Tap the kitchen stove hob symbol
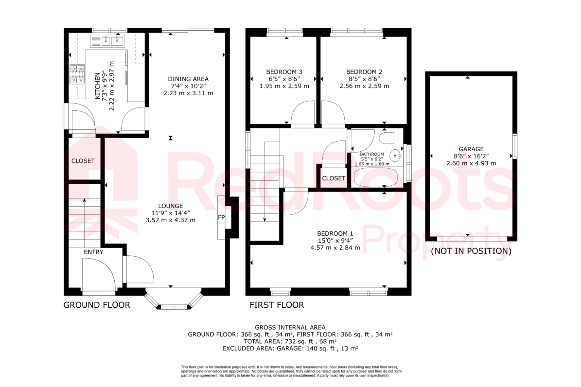pyautogui.click(x=77, y=74)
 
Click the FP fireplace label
pyautogui.click(x=221, y=217)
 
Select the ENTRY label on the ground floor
pyautogui.click(x=93, y=252)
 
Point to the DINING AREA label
pyautogui.click(x=188, y=79)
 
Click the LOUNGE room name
pyautogui.click(x=170, y=206)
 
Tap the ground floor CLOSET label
pyautogui.click(x=83, y=161)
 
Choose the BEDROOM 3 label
pyautogui.click(x=284, y=72)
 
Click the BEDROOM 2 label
pyautogui.click(x=364, y=72)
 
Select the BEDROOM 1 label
pyautogui.click(x=335, y=234)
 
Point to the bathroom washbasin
pyautogui.click(x=396, y=155)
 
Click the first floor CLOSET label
pyautogui.click(x=333, y=178)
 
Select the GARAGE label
pyautogui.click(x=471, y=149)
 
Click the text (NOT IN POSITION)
pyautogui.click(x=471, y=251)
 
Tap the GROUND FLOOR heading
pyautogui.click(x=97, y=305)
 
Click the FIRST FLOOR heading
pyautogui.click(x=277, y=305)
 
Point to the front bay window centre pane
pyautogui.click(x=174, y=307)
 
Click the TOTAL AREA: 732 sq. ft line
pyautogui.click(x=290, y=341)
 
